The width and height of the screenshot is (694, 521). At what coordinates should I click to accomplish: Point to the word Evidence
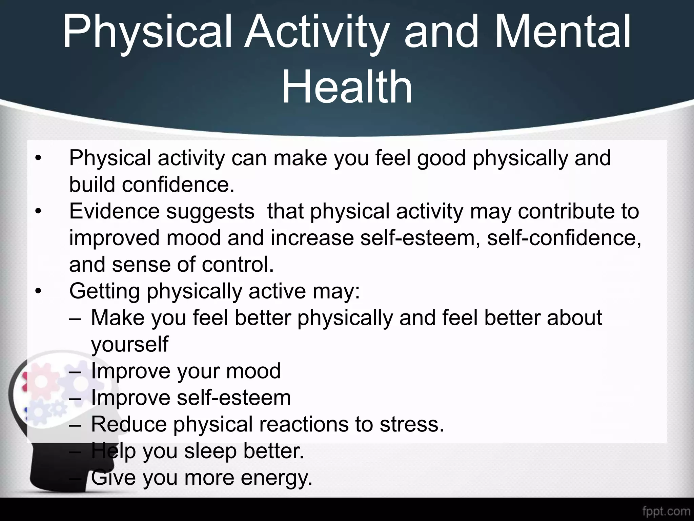(x=114, y=211)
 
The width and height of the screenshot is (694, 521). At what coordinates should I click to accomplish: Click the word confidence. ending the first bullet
(x=178, y=185)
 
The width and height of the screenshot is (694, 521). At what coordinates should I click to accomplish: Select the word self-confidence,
(x=564, y=238)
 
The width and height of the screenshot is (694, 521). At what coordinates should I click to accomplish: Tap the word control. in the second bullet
(x=238, y=265)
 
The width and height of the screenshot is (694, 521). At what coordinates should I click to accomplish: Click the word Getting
(x=104, y=291)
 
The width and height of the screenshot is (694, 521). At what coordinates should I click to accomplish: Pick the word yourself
(x=129, y=345)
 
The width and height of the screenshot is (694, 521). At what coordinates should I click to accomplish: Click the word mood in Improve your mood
(x=253, y=371)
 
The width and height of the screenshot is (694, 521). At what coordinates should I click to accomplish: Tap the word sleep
(x=210, y=451)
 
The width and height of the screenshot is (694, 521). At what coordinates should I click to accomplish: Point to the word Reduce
(x=129, y=424)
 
